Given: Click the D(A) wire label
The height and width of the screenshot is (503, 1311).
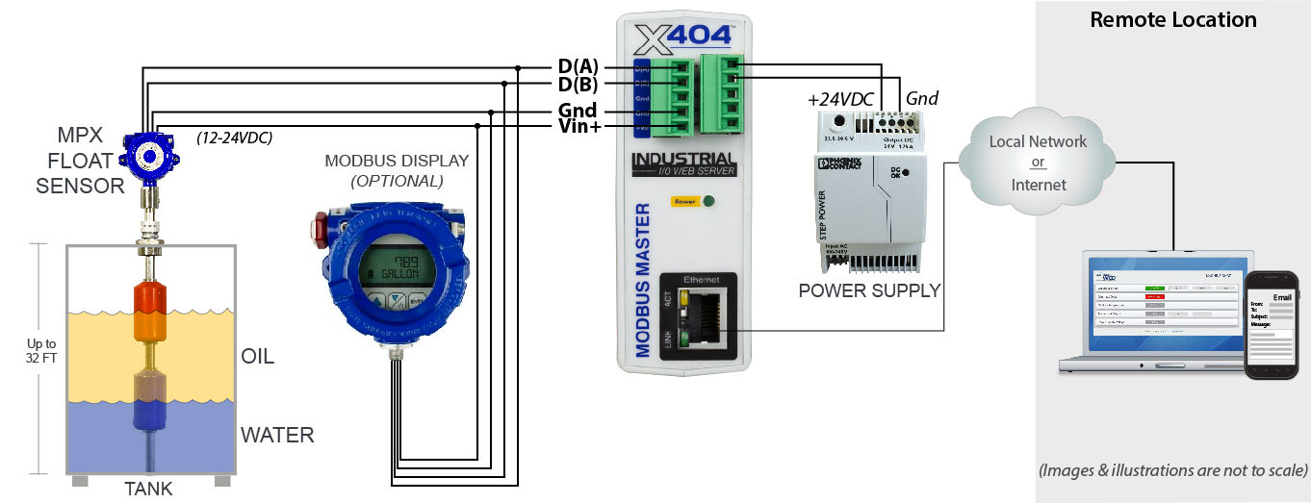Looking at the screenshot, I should click(x=578, y=67).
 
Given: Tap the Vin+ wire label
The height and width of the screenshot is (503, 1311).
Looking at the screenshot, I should click(x=580, y=127).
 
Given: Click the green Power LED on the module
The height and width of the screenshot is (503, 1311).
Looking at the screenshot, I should click(x=708, y=202).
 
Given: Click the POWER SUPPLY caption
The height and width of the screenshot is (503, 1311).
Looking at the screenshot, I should click(x=869, y=289).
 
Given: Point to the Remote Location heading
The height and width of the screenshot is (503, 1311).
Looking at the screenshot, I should click(x=1172, y=20).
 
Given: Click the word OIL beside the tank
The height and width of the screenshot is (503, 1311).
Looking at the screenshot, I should click(x=257, y=357).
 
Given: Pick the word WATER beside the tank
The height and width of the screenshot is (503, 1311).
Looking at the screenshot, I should click(x=277, y=435).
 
